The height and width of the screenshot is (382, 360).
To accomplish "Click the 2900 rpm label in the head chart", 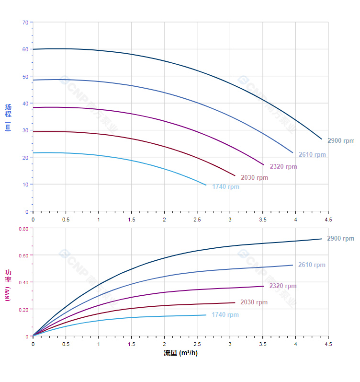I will (x=340, y=141).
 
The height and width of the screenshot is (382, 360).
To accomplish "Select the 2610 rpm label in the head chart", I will (x=312, y=155).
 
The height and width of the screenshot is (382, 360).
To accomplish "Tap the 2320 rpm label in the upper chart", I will (x=283, y=167).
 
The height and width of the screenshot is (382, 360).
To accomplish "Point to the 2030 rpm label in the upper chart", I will (x=254, y=178).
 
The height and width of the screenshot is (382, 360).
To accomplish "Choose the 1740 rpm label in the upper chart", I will (x=225, y=187).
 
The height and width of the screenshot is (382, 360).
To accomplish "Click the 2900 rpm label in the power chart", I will (x=340, y=239).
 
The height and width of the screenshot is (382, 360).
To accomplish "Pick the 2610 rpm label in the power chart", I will (x=312, y=265).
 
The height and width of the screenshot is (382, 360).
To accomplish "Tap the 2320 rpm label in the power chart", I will (x=283, y=286).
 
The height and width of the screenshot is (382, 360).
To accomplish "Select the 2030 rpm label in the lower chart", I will (x=254, y=302).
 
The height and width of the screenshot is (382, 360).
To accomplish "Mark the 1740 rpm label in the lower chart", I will (x=225, y=315).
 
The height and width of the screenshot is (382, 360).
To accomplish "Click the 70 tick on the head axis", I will (x=25, y=22).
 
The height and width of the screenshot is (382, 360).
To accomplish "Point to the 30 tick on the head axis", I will (x=25, y=130).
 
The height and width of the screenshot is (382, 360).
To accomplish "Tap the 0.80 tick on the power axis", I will (x=23, y=229).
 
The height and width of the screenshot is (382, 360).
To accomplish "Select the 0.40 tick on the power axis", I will (x=23, y=282).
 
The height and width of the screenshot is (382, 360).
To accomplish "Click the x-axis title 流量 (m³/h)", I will (x=180, y=353).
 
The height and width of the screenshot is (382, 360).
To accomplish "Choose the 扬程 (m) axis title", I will (x=8, y=117).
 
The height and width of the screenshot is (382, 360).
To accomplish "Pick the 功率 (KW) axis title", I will (x=8, y=285).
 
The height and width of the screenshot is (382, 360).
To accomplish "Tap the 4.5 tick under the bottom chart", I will (x=328, y=344).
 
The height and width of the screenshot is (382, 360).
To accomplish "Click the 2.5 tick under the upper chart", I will (x=197, y=220).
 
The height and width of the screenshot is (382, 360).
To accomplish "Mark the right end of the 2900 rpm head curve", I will (x=322, y=139).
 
